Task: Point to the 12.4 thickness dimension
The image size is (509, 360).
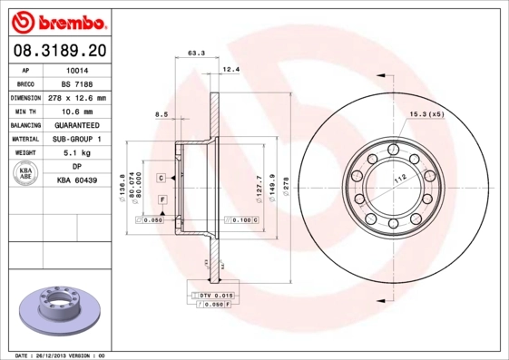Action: point(230,69)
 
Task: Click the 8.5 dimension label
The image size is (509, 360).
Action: point(162,113)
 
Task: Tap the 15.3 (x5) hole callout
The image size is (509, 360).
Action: point(426,113)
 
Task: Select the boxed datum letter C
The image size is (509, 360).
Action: point(161,177)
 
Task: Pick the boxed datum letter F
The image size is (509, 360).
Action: point(162,199)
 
